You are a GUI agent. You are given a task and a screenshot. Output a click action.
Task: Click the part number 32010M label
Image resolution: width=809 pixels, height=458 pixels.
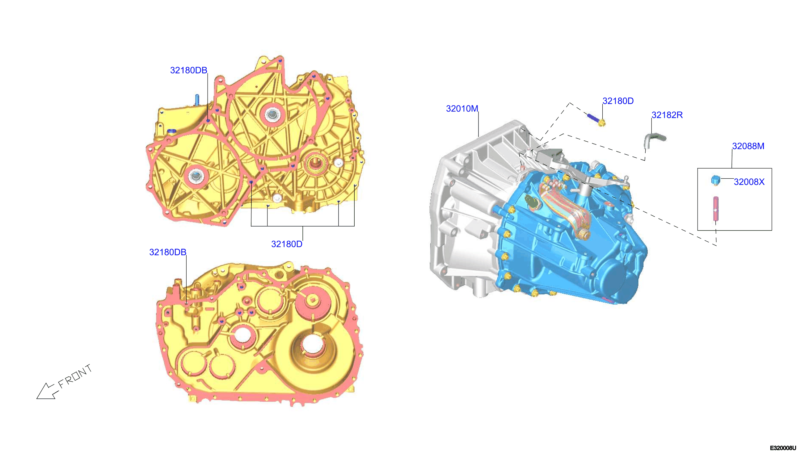(x=462, y=109)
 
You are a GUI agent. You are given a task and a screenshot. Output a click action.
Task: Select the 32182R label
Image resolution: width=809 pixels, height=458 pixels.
(x=667, y=115)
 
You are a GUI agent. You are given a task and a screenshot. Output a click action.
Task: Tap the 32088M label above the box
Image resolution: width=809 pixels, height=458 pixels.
(x=748, y=146)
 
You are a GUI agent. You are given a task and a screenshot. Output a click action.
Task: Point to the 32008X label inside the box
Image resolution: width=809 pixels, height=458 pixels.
(x=749, y=182)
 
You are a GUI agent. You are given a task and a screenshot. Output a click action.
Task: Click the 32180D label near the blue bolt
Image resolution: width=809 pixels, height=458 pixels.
(x=617, y=101)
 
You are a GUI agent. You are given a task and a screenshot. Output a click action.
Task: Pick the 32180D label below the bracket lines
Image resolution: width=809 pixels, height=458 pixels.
(x=286, y=244)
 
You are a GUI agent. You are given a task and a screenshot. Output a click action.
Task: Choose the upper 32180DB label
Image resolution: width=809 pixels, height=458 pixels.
(x=188, y=70)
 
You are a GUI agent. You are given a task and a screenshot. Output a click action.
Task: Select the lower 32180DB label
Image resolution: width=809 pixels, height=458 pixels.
(x=167, y=252)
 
